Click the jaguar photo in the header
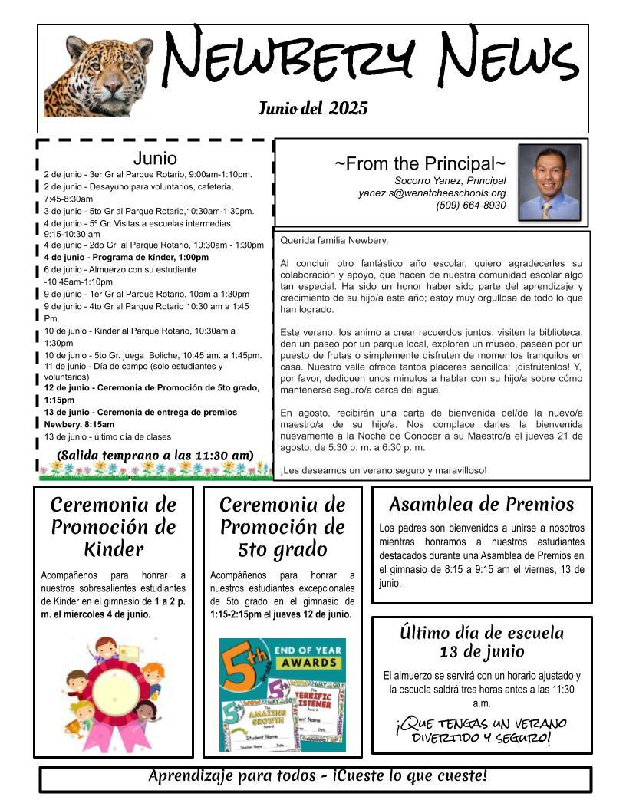coord(99,76)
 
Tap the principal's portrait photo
coord(549,183)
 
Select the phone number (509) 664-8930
coord(471,206)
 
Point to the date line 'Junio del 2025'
coord(313,108)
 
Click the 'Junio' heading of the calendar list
coord(155,159)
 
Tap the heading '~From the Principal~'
coord(420,163)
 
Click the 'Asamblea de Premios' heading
coord(481,504)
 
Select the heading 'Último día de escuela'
coord(482,633)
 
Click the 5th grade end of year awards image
coord(282,695)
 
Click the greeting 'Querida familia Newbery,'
coord(334,240)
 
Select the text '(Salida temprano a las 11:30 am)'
coord(155,456)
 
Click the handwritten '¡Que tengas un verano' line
coord(481,723)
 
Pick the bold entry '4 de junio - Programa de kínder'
coord(127,257)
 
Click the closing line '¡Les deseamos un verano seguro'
coord(384,470)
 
